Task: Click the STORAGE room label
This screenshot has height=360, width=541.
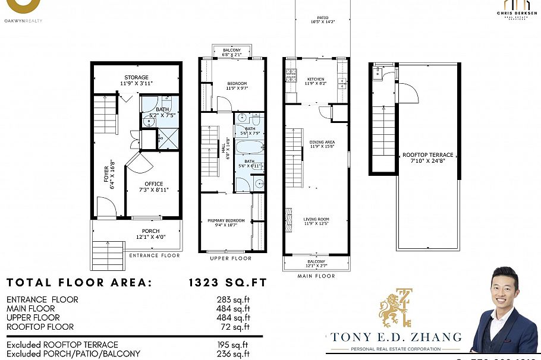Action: tap(136, 78)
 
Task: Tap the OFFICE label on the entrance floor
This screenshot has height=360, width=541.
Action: tap(153, 184)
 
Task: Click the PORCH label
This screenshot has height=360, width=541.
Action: tap(150, 231)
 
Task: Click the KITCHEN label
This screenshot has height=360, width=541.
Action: tap(316, 79)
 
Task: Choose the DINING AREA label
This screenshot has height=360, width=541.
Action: tap(322, 143)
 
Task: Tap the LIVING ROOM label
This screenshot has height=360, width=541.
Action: tap(316, 219)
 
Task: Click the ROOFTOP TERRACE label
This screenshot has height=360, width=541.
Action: tap(427, 155)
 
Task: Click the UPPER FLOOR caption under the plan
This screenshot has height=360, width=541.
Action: tap(231, 258)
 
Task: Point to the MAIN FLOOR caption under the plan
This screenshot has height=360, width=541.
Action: tap(316, 276)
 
